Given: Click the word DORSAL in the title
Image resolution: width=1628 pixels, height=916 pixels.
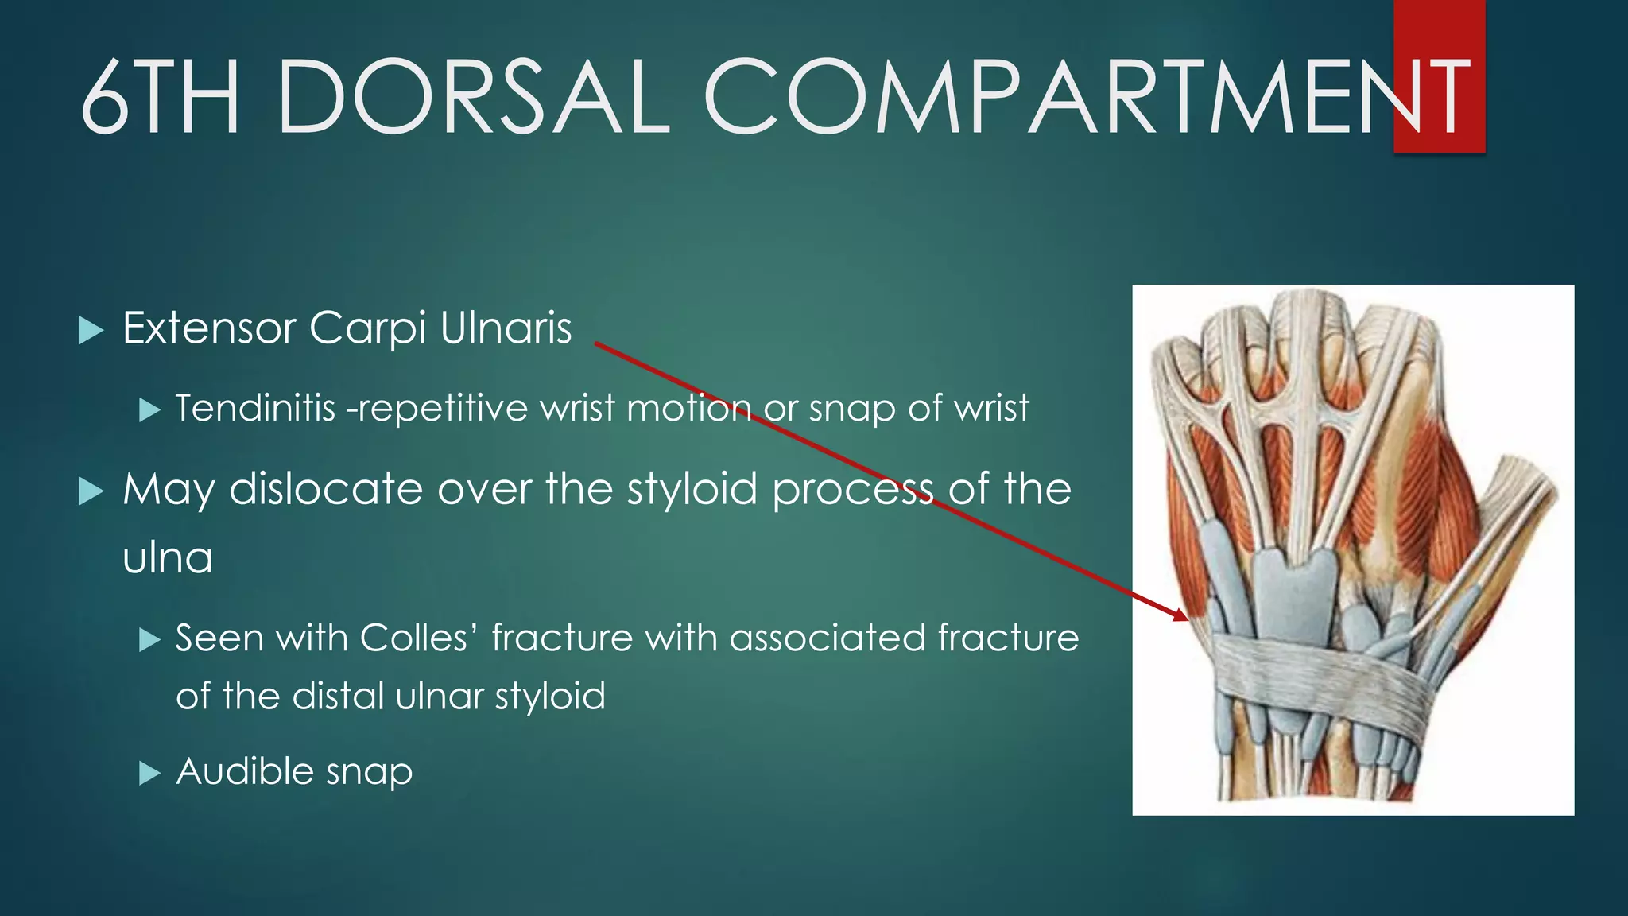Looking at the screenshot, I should click(474, 97).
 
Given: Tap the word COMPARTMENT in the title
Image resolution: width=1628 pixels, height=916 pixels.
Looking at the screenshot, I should click(1085, 97).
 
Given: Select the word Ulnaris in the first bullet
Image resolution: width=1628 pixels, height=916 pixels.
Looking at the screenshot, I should click(506, 328).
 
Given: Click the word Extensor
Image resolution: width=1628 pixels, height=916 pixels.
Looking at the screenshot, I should click(209, 328).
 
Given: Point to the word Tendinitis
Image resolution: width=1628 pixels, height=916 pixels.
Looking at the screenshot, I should click(255, 409).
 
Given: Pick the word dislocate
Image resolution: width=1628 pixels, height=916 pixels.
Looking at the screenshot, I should click(325, 488).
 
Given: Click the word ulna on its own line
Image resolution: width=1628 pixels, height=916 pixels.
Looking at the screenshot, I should click(168, 557).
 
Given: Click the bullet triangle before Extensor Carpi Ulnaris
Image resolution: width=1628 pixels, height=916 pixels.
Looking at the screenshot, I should click(91, 330).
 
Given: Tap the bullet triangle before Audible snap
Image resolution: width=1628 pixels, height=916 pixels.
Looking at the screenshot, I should click(149, 773).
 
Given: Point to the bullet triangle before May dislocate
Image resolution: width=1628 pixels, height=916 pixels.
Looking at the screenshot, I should click(91, 491).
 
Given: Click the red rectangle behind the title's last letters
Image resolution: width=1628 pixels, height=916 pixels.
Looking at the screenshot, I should click(1439, 32).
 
